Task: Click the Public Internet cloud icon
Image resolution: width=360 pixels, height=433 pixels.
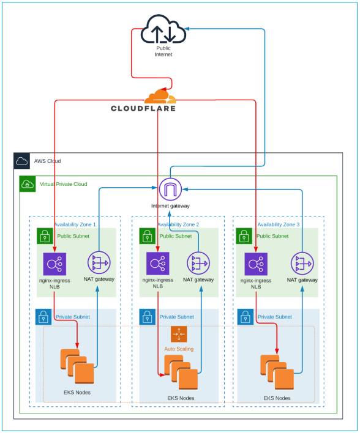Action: coord(163,30)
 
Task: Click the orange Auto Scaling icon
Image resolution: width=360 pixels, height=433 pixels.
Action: coord(178,335)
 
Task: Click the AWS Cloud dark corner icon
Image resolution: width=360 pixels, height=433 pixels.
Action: coord(21,161)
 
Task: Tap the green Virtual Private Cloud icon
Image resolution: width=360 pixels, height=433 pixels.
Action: coord(28,183)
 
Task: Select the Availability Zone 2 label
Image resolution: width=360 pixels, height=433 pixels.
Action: coord(178,224)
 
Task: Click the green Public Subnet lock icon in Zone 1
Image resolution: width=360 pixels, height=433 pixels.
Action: coord(44,235)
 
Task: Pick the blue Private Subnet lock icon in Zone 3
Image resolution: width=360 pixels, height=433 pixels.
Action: coord(245,317)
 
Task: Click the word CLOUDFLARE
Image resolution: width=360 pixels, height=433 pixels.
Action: coord(143,109)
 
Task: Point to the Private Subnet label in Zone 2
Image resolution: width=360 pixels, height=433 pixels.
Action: coord(176,317)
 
